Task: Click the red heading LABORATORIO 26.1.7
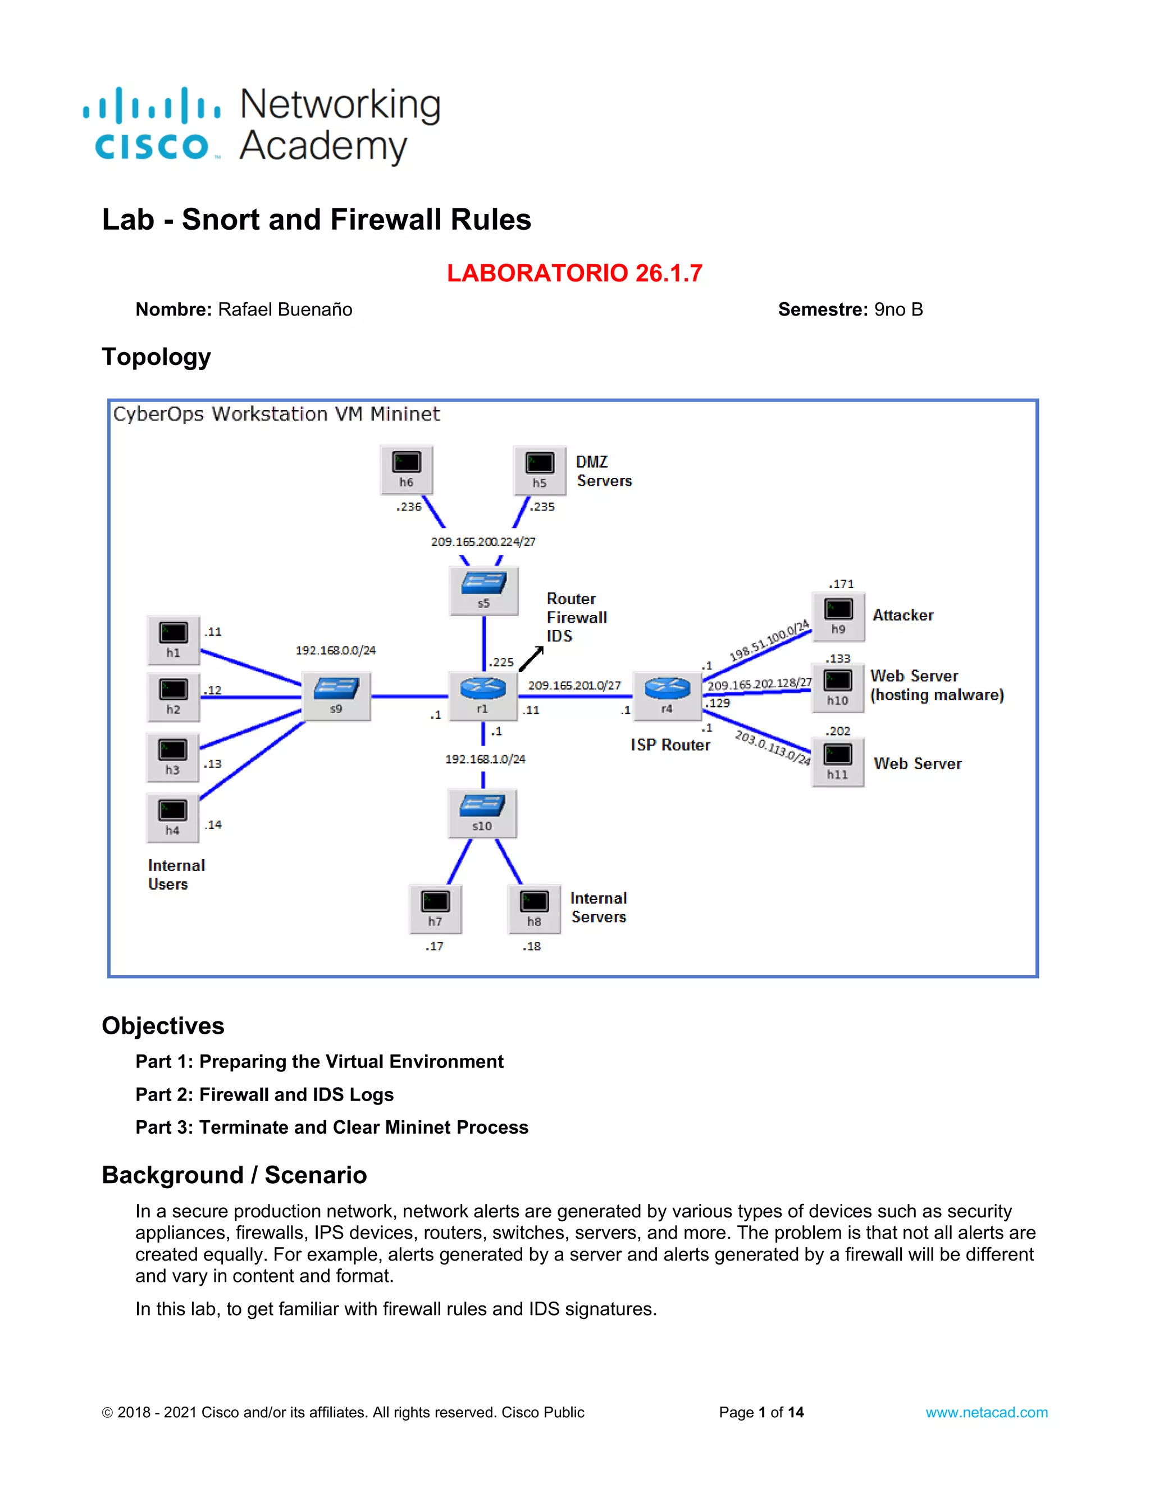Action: point(574,273)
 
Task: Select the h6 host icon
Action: point(407,469)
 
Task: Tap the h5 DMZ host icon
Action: point(540,469)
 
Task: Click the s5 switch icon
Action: point(483,590)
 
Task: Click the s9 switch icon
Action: point(336,695)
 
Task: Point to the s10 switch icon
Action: point(482,812)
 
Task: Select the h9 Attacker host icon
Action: point(838,616)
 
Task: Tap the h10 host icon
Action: point(837,687)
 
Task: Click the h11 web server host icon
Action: point(837,761)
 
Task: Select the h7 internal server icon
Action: point(435,908)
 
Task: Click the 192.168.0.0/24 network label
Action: point(335,650)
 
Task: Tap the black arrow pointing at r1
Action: point(531,659)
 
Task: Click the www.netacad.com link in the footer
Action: point(986,1412)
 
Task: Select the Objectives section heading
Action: point(163,1025)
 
